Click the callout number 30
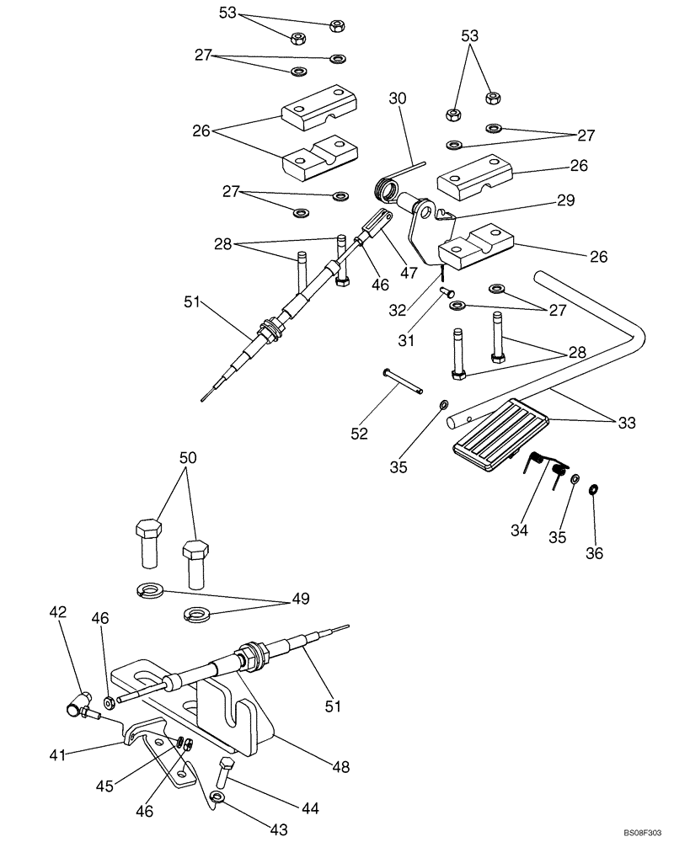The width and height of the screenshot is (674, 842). pos(397,99)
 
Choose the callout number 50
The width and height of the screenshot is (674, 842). pos(187,458)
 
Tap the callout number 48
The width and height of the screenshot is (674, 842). pos(340,767)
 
